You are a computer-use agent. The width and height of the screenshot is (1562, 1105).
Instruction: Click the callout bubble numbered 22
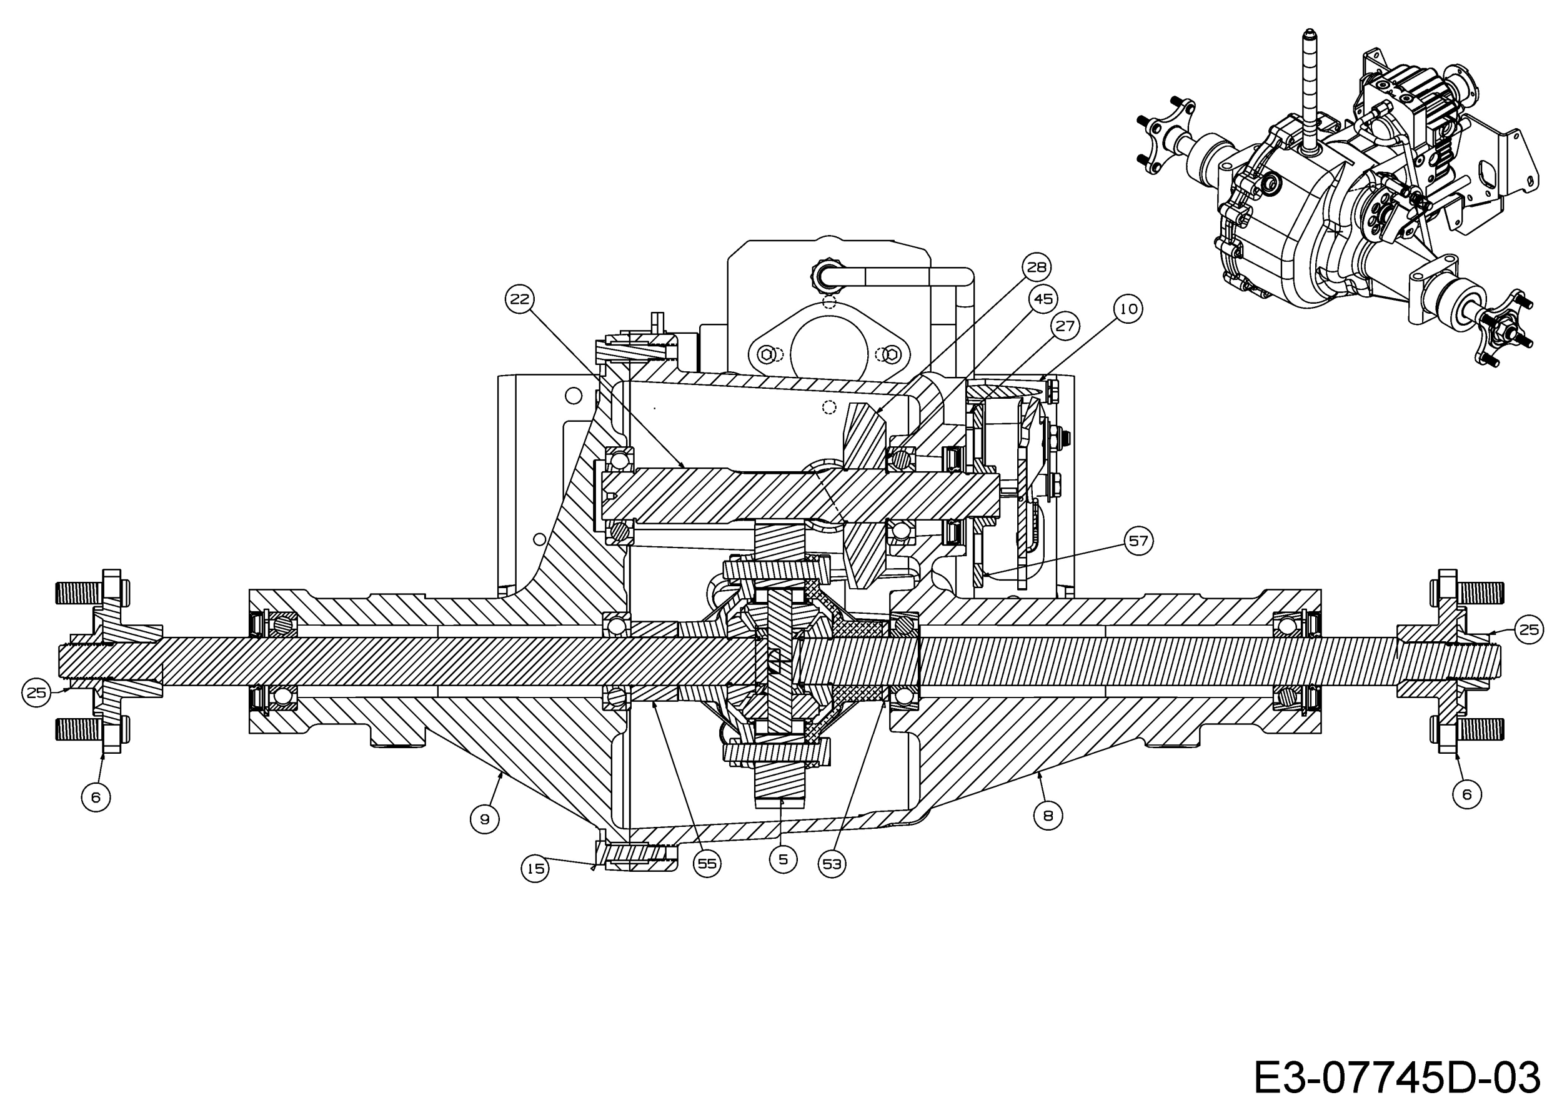coord(520,299)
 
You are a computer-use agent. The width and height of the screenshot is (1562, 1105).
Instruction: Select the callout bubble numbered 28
coord(1037,267)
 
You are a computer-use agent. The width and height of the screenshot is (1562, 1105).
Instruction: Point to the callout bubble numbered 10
coord(1128,309)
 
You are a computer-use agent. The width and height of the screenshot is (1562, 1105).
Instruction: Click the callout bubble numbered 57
coord(1138,541)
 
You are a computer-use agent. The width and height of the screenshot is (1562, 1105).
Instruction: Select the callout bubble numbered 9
coord(484,819)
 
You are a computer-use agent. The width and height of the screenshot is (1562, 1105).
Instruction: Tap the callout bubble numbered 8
coord(1048,815)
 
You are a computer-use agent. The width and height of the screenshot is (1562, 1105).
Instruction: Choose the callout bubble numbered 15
coord(535,868)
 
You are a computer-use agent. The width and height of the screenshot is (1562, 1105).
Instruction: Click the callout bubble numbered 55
coord(707,864)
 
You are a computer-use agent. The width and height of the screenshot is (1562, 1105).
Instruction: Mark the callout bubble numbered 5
coord(783,859)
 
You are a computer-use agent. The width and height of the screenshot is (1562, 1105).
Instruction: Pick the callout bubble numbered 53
coord(832,864)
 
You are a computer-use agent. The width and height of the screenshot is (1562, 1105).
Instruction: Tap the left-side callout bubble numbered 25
coord(36,692)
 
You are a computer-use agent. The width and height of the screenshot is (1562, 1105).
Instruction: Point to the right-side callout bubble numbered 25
coord(1529,629)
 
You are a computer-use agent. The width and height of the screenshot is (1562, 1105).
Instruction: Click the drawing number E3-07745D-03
coord(1396,1077)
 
